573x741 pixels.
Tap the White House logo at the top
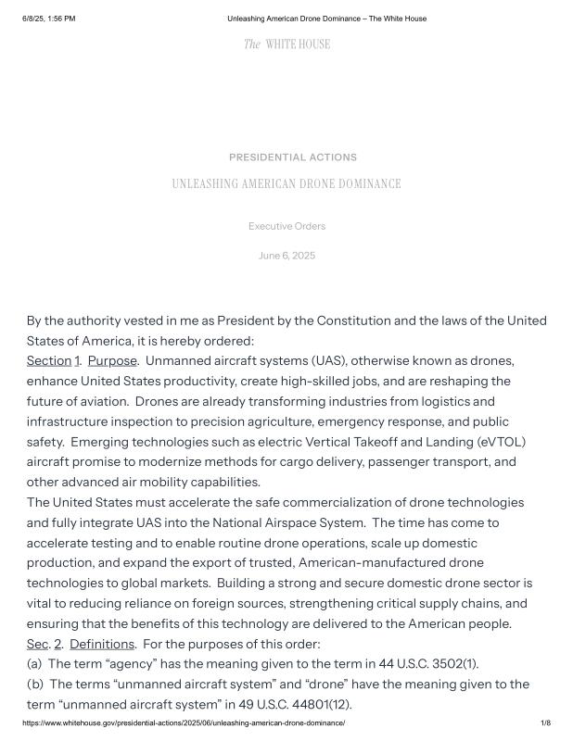tap(286, 44)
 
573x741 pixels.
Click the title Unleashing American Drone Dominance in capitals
tap(286, 184)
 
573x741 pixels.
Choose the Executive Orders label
tap(286, 226)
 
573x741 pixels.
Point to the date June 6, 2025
tap(286, 256)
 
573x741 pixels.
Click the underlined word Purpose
tap(112, 360)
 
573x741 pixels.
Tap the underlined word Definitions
tap(103, 643)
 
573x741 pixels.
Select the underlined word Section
tap(49, 360)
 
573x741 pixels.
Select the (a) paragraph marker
tap(35, 663)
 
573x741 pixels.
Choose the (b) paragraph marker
tap(35, 684)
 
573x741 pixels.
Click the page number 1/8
tap(545, 723)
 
